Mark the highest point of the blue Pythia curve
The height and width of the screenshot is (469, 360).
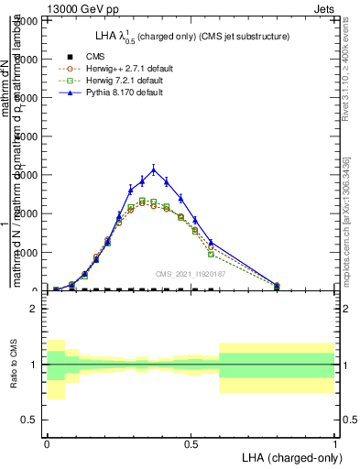pyautogui.click(x=154, y=169)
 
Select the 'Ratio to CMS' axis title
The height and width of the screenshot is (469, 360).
pyautogui.click(x=12, y=364)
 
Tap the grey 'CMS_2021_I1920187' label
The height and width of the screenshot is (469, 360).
pyautogui.click(x=190, y=273)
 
